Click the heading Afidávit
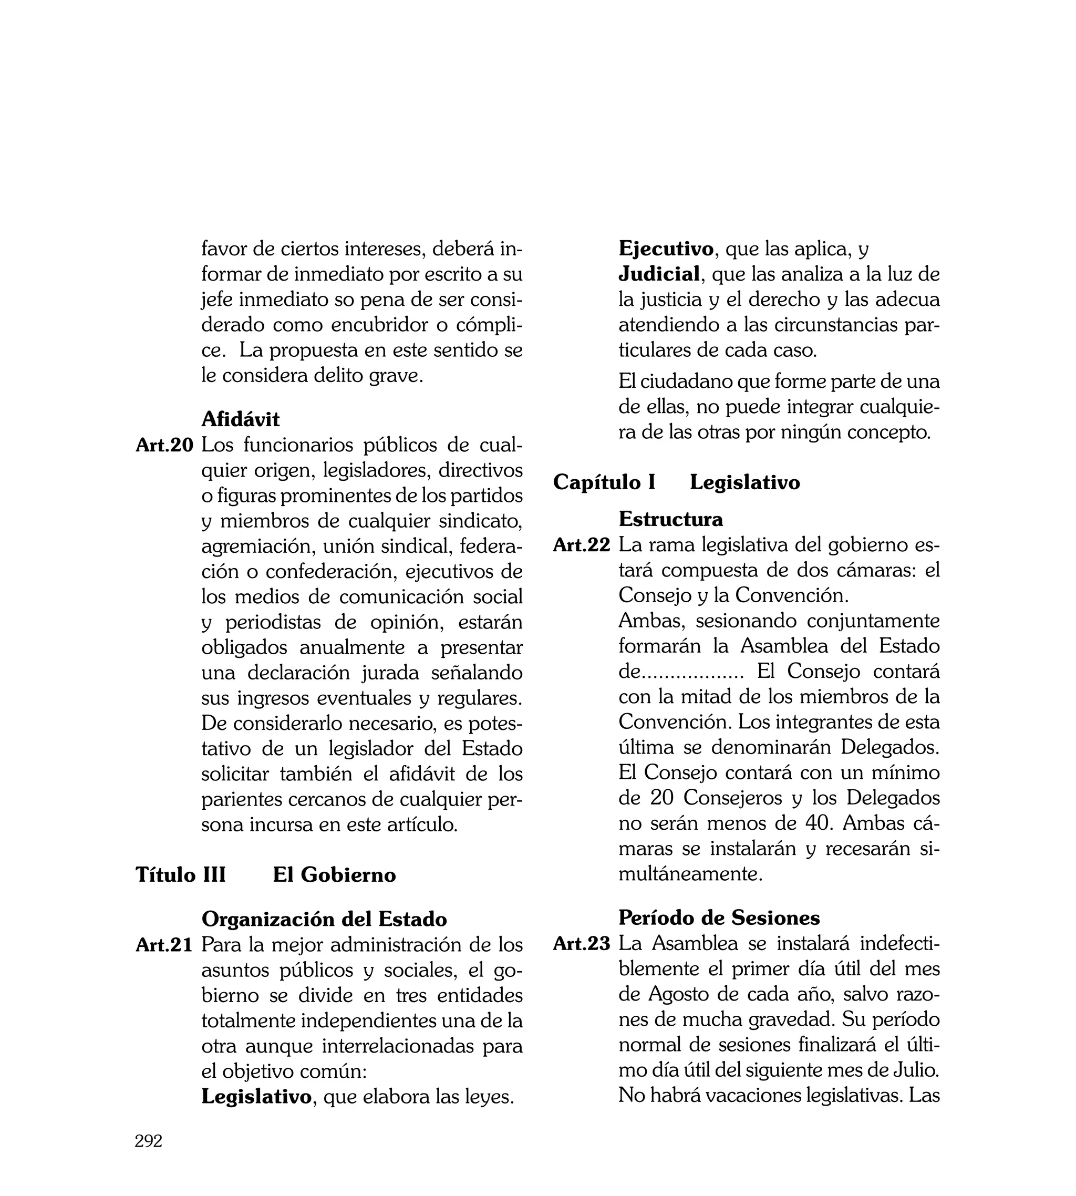tap(240, 419)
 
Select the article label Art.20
tap(164, 445)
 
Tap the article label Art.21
tap(164, 945)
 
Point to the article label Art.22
tap(582, 545)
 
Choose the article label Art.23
tap(582, 944)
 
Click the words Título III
tap(181, 874)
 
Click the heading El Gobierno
tap(334, 874)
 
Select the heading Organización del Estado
tap(324, 919)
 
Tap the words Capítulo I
tap(604, 482)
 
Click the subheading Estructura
tap(670, 519)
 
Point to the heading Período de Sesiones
tap(719, 917)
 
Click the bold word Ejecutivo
tap(666, 249)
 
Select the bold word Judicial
tap(659, 274)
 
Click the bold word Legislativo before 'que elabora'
tap(256, 1097)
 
